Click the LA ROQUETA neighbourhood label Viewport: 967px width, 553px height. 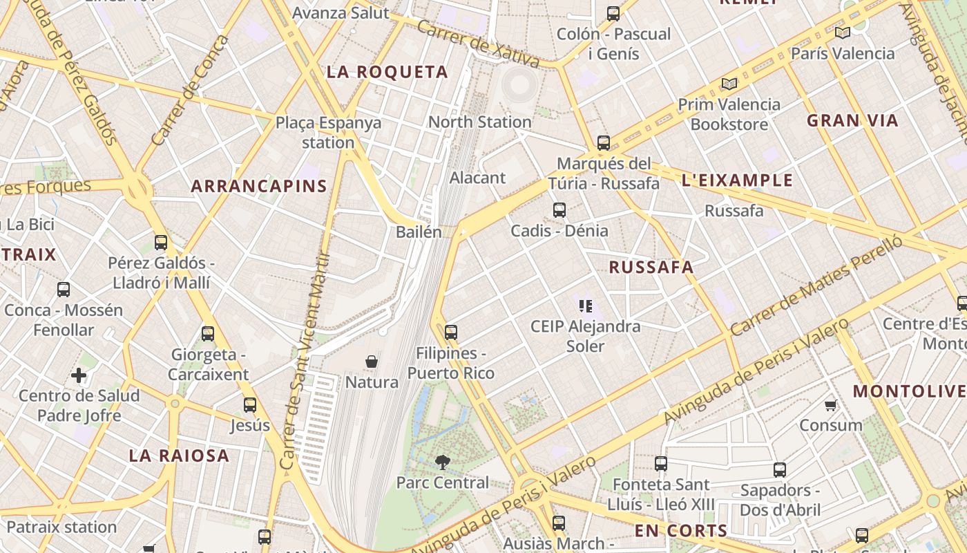click(x=387, y=72)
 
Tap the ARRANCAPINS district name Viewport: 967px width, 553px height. click(x=259, y=186)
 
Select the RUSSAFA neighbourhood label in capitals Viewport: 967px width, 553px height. click(x=651, y=268)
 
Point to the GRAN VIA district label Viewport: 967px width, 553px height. click(x=852, y=121)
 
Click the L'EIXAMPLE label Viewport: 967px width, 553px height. click(x=737, y=181)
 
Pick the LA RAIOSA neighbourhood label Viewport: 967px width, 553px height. click(x=179, y=456)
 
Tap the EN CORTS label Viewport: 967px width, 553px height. click(x=681, y=531)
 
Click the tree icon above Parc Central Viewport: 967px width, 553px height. click(x=442, y=462)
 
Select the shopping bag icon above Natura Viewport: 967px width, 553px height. click(x=372, y=362)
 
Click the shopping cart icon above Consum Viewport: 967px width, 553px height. click(x=830, y=405)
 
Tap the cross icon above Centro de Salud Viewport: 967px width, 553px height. click(x=79, y=375)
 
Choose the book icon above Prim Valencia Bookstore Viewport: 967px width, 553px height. click(x=729, y=84)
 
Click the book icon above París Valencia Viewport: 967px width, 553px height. click(x=842, y=32)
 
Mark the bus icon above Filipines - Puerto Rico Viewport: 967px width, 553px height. click(x=451, y=332)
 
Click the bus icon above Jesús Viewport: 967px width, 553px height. click(x=250, y=405)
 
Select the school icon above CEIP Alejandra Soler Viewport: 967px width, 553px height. click(x=586, y=305)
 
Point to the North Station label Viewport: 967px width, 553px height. click(x=480, y=122)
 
